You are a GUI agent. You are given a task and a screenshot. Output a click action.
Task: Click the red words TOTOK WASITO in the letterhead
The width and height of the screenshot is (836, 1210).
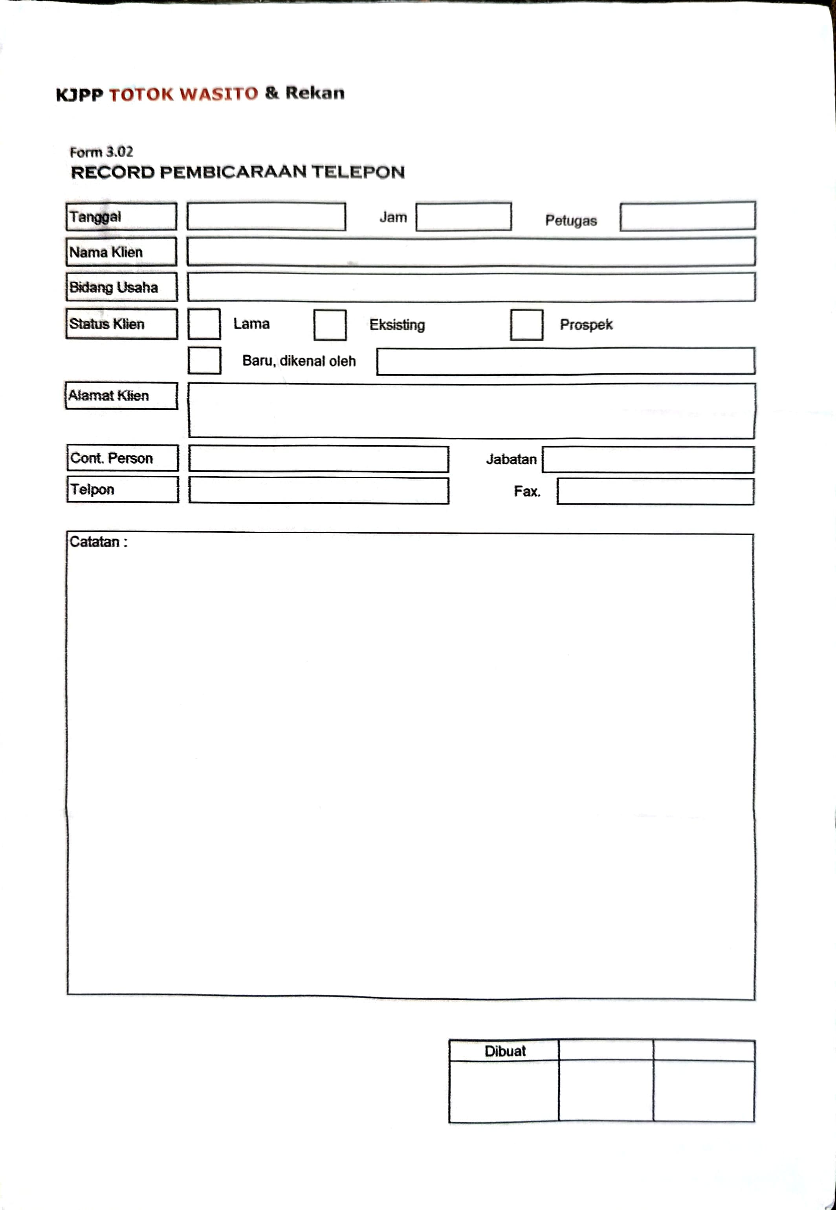point(183,94)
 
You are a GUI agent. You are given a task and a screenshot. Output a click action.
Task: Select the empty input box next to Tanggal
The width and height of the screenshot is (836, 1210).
point(266,217)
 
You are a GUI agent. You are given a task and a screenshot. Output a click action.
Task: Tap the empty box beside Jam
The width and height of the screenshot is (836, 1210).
point(463,217)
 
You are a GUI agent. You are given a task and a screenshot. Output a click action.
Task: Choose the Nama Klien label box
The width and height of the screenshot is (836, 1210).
point(121,252)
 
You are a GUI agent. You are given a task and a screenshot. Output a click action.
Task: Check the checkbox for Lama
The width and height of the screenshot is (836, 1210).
point(204,324)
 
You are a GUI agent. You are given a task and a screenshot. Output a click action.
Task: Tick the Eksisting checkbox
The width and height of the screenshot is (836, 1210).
point(330,325)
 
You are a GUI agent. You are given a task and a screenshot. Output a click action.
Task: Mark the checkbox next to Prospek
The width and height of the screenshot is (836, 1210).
point(526,325)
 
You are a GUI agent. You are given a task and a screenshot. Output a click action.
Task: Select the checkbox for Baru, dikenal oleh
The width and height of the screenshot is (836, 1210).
point(204,360)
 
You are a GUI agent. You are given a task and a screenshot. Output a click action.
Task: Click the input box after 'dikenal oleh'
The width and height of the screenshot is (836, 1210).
point(565,361)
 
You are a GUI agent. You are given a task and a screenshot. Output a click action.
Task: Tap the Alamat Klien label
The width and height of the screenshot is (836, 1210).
point(121,396)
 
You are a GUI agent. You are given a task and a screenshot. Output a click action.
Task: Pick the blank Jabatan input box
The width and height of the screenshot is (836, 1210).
point(647,459)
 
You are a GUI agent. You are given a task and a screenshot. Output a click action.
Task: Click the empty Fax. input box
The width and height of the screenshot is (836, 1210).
point(655,492)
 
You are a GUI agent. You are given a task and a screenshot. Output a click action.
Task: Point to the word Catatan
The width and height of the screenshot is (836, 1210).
point(95,542)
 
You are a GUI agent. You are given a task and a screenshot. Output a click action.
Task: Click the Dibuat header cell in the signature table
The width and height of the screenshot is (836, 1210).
point(504,1051)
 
